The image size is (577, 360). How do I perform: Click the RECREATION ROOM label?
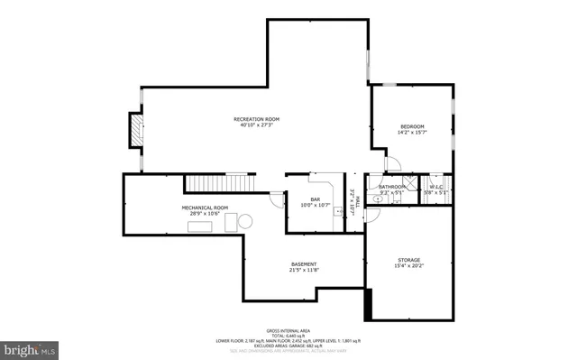coord(256,119)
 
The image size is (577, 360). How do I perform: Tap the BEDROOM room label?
coord(412,126)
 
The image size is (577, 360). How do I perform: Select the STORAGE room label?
coord(408,260)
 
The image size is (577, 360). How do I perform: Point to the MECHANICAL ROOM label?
coord(205,208)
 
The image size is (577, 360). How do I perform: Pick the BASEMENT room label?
coord(303,264)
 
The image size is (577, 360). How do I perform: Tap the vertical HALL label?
coord(358,205)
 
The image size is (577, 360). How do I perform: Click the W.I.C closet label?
coord(436,187)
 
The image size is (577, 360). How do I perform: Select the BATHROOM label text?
coord(392,187)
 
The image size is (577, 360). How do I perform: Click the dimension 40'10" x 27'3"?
coord(256,125)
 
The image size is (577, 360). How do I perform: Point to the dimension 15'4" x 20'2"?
coord(408,266)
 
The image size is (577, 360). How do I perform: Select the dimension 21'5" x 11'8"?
coord(303,271)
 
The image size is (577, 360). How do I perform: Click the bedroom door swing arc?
coord(393,164)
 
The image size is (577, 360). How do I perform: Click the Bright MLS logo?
coord(30,347)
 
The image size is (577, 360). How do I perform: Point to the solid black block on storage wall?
coord(367,302)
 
